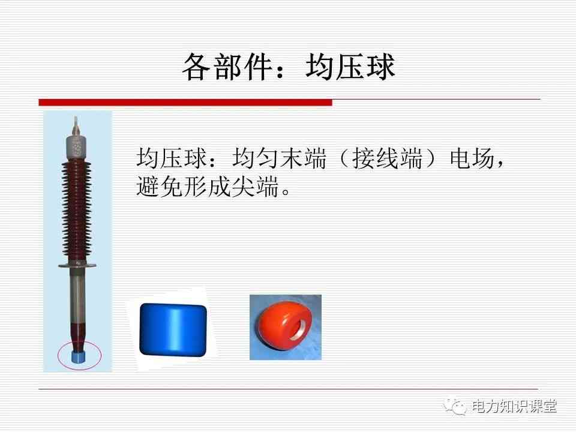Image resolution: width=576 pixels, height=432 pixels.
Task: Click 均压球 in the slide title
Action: (350, 67)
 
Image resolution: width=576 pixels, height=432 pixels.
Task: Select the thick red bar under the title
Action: (185, 103)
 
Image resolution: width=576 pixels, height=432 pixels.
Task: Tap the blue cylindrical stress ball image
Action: (173, 329)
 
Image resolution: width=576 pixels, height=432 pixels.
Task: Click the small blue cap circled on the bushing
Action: (79, 356)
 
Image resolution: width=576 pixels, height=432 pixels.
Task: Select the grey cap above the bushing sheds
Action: (76, 148)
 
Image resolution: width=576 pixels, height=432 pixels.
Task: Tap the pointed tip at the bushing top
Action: (76, 118)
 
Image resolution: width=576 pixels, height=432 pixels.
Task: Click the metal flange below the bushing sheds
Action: (77, 265)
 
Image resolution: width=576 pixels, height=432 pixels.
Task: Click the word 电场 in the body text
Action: (472, 158)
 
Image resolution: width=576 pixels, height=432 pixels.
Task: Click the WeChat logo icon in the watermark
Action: (455, 406)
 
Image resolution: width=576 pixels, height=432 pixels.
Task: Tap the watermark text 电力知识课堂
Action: (514, 407)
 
